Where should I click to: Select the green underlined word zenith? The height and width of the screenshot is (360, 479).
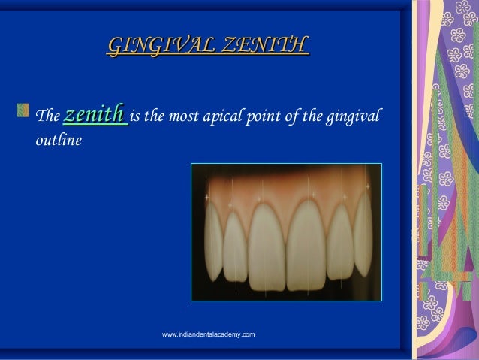pyautogui.click(x=95, y=116)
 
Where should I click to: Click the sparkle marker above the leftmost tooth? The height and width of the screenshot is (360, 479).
pyautogui.click(x=206, y=197)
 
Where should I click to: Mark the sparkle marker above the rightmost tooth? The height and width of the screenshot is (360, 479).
pyautogui.click(x=367, y=186)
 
